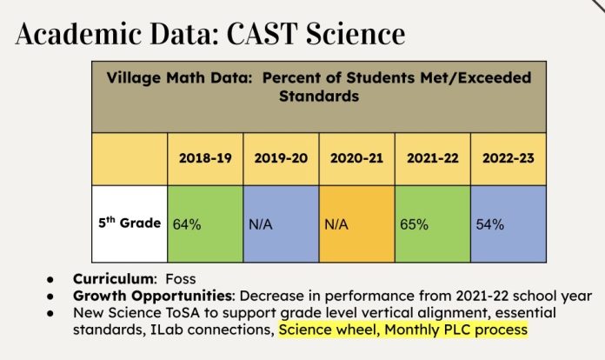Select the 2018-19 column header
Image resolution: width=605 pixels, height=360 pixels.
pos(204,159)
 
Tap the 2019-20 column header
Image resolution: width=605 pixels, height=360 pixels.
pos(281,159)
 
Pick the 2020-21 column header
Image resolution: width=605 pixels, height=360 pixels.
pos(356,159)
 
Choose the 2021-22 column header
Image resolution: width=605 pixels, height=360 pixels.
pos(432,159)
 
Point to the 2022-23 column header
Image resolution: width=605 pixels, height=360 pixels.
pos(508,159)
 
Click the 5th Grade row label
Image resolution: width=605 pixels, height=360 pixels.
pos(129,223)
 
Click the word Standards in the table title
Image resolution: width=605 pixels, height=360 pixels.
pos(319,97)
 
